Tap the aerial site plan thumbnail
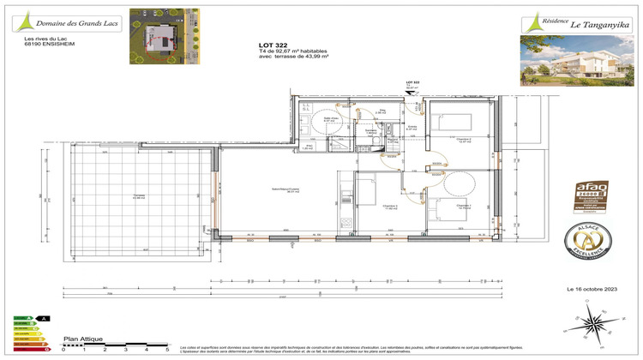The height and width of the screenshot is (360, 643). (163, 36)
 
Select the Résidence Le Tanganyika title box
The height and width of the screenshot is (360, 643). (571, 23)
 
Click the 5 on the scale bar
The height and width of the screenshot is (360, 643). (166, 351)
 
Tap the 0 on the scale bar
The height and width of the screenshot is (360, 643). (63, 351)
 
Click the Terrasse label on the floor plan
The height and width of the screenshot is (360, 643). (138, 196)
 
